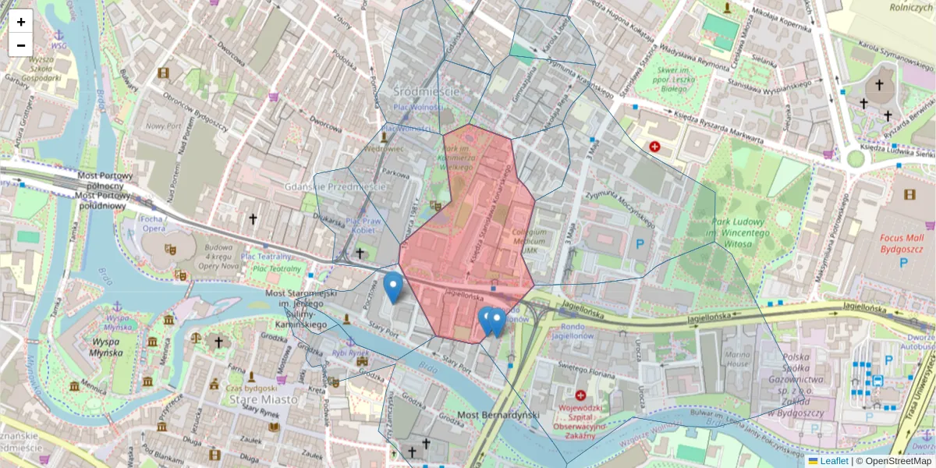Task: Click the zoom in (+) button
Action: [x=21, y=21]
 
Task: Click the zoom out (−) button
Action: [x=21, y=45]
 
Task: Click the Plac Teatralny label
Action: [x=266, y=256]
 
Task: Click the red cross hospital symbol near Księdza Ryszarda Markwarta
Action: [x=654, y=147]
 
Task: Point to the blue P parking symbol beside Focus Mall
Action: [x=903, y=263]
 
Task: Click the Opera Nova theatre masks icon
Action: [x=169, y=250]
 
